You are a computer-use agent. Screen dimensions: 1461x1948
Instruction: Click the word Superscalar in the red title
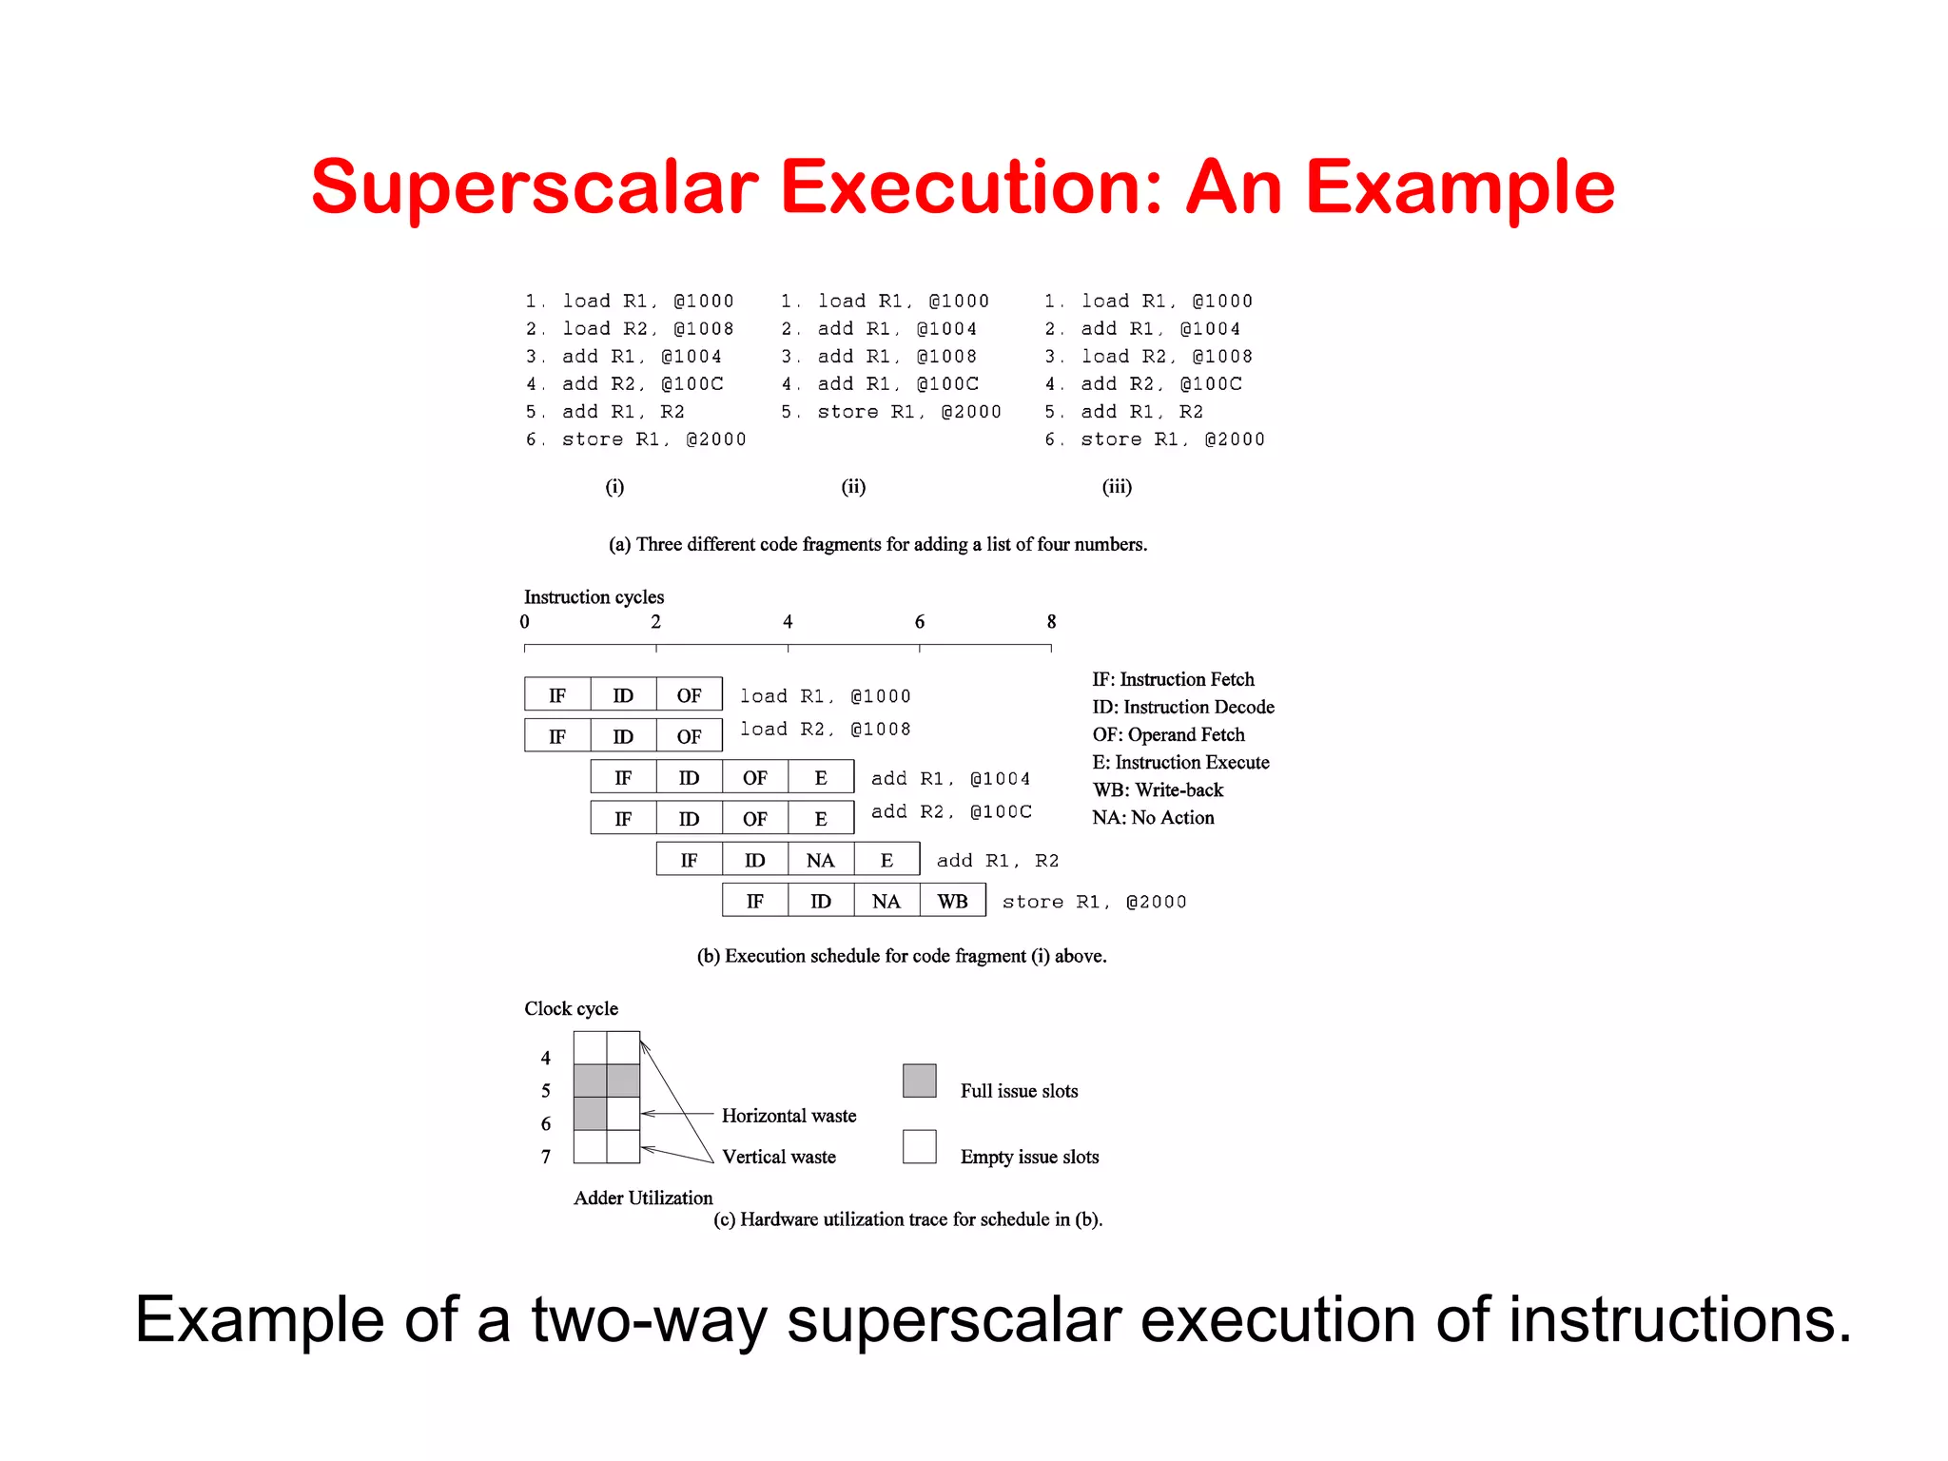point(535,187)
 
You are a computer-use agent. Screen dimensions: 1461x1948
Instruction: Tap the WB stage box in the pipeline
point(952,901)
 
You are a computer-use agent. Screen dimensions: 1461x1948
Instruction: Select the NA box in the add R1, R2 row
point(820,860)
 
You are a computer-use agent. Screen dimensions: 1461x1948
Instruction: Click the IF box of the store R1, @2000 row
point(754,901)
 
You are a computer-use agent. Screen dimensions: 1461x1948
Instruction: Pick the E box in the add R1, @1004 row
point(821,777)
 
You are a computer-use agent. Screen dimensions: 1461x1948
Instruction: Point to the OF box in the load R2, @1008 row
point(689,736)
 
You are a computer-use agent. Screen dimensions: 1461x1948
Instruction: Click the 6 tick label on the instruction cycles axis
point(920,622)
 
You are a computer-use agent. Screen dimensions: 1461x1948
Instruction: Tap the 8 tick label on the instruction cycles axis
point(1051,622)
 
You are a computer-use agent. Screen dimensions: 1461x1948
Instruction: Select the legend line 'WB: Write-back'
point(1158,789)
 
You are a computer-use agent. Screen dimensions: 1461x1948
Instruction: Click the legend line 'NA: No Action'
point(1153,817)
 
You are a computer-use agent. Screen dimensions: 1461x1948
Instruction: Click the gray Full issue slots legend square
point(919,1081)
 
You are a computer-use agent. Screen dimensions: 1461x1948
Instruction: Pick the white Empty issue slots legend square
point(919,1146)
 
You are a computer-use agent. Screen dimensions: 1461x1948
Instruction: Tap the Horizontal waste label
point(789,1116)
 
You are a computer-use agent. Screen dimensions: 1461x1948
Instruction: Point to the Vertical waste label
point(778,1157)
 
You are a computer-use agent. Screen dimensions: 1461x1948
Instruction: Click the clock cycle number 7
point(546,1157)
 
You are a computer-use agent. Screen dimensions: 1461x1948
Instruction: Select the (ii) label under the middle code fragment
point(853,487)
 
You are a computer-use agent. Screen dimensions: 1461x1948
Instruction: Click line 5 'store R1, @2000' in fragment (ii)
point(891,412)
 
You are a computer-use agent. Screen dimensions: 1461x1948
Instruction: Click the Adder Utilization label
point(643,1198)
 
